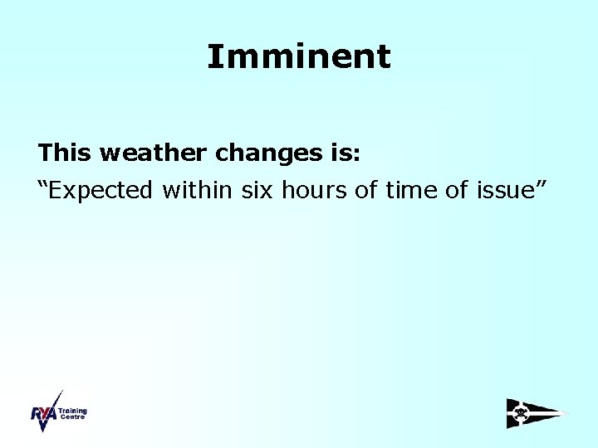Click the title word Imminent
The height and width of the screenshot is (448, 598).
click(298, 56)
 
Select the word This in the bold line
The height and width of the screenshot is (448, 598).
click(65, 153)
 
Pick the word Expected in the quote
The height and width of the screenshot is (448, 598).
click(105, 191)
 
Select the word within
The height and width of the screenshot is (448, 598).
click(199, 190)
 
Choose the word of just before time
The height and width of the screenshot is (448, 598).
click(366, 190)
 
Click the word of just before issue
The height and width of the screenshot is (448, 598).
click(457, 190)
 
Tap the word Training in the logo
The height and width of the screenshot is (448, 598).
click(72, 411)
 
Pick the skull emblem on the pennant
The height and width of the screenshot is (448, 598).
click(521, 412)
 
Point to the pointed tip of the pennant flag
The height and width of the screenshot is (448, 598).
click(566, 413)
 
